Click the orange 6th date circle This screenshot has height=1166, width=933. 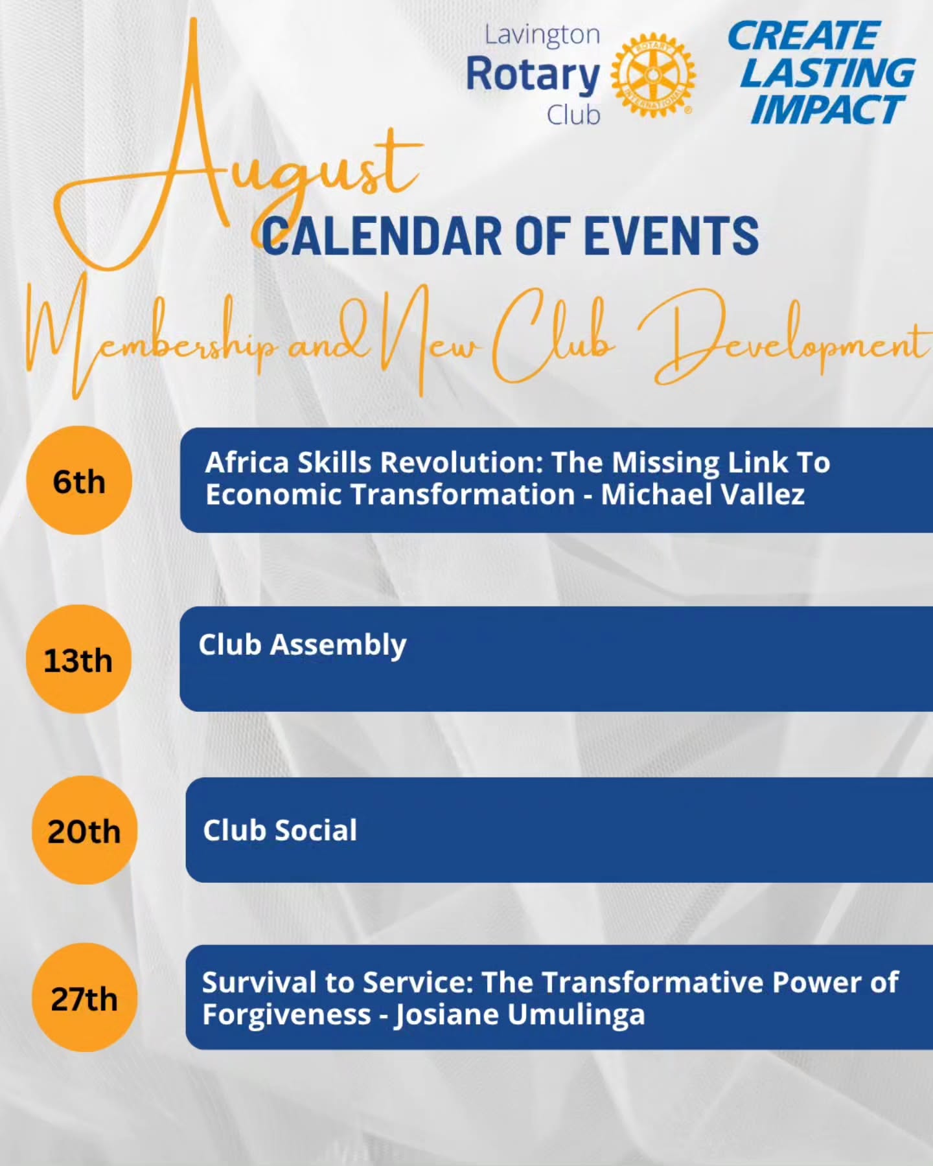coord(79,481)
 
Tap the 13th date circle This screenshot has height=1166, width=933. coord(79,659)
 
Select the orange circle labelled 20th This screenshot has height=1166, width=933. coord(85,830)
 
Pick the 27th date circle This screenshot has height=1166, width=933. coord(85,998)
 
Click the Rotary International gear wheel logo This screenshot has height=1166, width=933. coord(653,76)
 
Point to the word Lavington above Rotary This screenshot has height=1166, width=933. coord(542,35)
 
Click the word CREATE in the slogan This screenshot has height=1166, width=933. coord(803,36)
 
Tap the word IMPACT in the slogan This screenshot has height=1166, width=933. coord(828,109)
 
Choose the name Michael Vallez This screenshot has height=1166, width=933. coord(703,494)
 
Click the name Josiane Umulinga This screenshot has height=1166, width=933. coord(520,1014)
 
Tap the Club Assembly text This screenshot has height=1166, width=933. coord(303,645)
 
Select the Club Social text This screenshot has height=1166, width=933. coord(280,830)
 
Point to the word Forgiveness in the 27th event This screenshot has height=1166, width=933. coord(286,1014)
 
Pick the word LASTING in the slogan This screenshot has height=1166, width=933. coord(828,73)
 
